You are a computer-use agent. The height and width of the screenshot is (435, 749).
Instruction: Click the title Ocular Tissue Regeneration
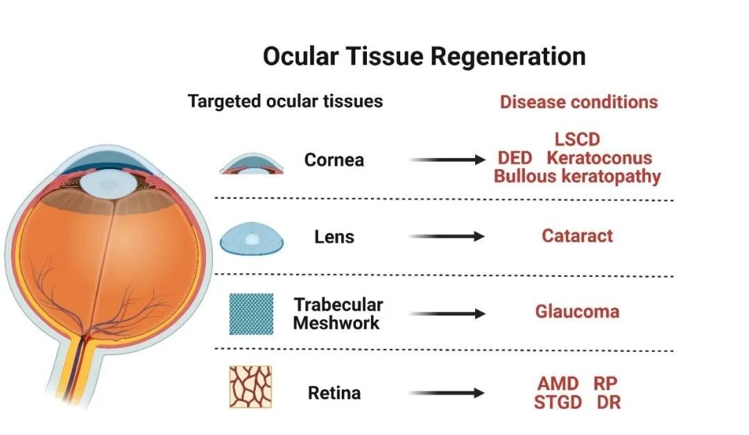click(x=424, y=56)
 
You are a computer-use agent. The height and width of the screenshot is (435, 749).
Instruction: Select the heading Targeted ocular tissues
click(x=285, y=101)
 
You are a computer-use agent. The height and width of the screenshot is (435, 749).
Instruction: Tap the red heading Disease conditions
click(x=578, y=102)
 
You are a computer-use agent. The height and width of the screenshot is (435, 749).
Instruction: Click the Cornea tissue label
click(x=334, y=160)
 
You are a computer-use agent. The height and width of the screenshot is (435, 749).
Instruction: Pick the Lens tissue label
click(x=334, y=237)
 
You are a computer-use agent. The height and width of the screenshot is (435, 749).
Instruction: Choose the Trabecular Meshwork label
click(x=337, y=314)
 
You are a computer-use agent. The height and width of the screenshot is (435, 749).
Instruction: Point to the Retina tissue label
click(x=334, y=393)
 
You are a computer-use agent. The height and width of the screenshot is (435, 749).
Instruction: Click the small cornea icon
click(x=252, y=163)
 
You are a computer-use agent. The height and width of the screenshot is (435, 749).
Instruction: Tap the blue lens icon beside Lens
click(x=252, y=239)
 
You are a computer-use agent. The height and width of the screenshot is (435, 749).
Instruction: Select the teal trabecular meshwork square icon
click(x=251, y=314)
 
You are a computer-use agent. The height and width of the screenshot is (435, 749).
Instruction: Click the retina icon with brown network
click(x=250, y=387)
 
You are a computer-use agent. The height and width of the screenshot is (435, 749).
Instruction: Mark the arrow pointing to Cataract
click(x=447, y=237)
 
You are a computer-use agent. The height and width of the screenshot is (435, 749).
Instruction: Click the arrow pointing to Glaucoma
click(x=447, y=314)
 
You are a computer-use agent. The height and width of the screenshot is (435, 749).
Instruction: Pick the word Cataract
click(x=577, y=236)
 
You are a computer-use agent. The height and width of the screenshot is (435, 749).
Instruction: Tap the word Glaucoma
click(x=576, y=312)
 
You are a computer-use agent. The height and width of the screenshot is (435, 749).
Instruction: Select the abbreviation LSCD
click(x=577, y=140)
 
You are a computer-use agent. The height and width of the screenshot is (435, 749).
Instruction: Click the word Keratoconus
click(x=599, y=158)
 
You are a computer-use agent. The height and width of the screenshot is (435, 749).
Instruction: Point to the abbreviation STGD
click(x=558, y=402)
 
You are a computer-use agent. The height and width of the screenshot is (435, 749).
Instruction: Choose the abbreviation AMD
click(x=558, y=384)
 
